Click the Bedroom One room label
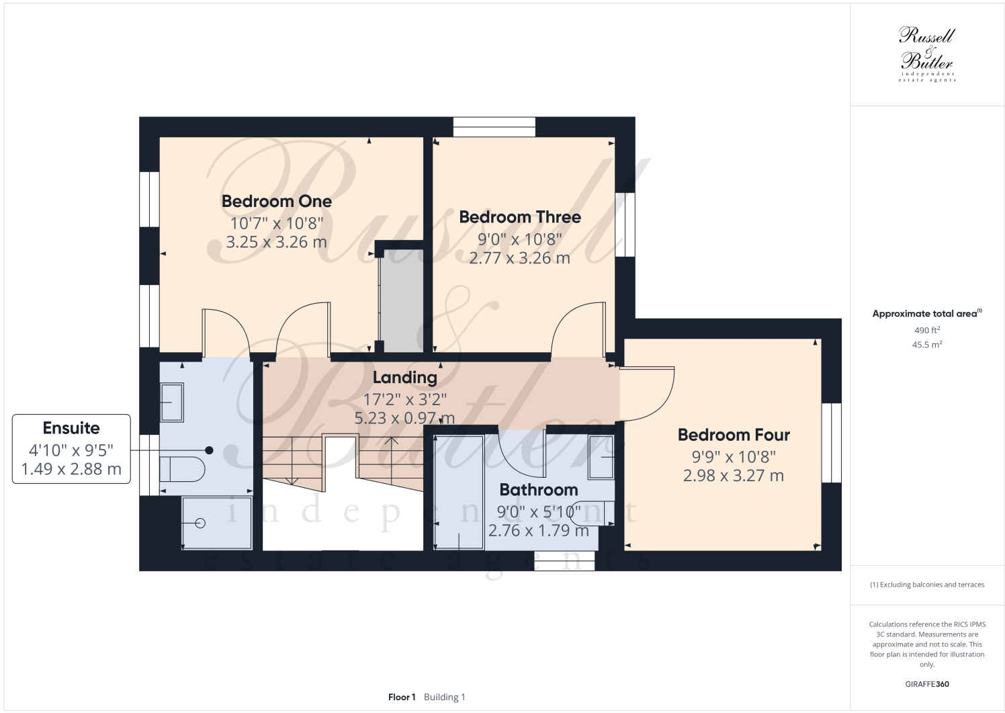coord(276,201)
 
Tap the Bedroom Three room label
coord(520,217)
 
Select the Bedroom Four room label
coord(734,435)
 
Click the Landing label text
coord(405,378)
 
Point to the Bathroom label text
coord(539,490)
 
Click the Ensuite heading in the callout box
coord(71,428)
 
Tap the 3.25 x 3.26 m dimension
coord(276,242)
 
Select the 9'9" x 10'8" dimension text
coord(734,457)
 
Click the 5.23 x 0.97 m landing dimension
coord(404,418)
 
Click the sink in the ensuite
coord(172,402)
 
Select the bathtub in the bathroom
coord(459,491)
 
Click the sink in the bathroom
coord(601,457)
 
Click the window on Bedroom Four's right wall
coord(831,443)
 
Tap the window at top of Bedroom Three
coord(494,127)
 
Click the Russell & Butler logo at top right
coord(927,54)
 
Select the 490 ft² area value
coord(927,330)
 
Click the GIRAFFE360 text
coord(927,684)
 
